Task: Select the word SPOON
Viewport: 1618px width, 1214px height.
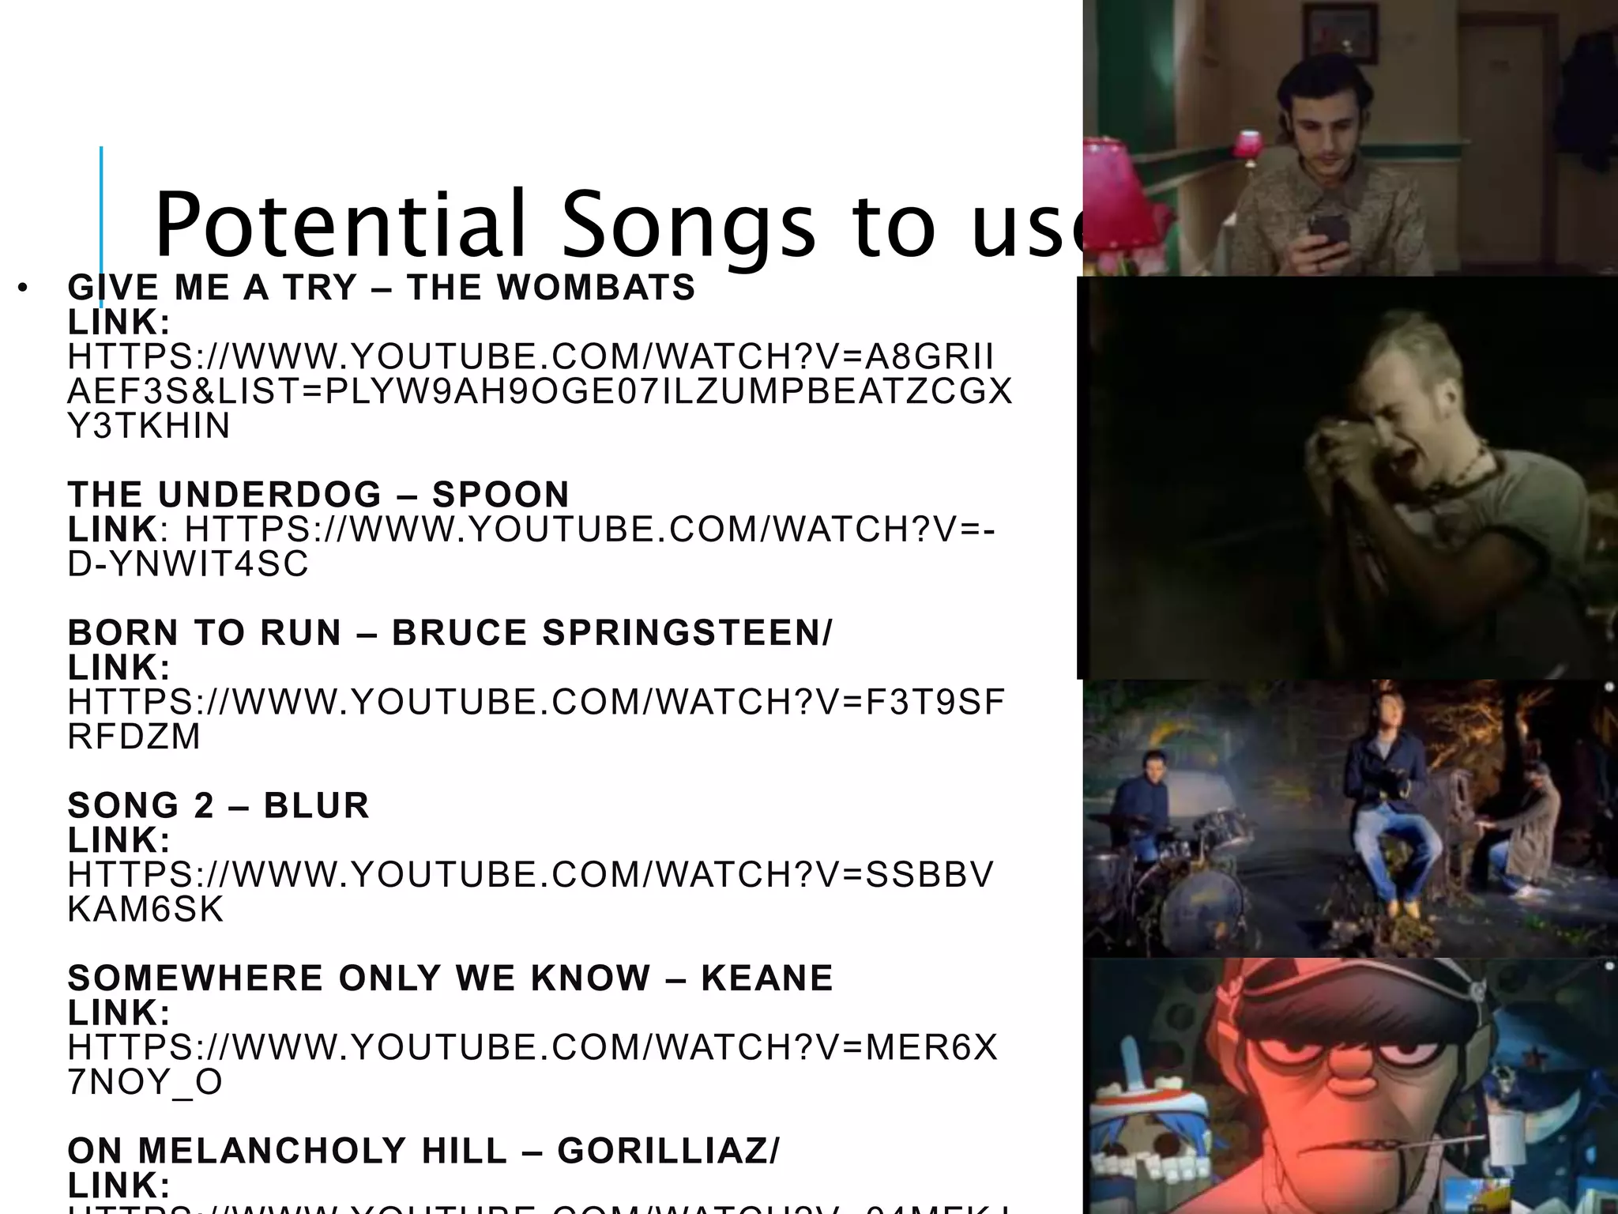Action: point(501,495)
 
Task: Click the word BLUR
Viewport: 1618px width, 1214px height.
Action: point(317,805)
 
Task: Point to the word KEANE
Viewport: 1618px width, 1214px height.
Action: point(767,978)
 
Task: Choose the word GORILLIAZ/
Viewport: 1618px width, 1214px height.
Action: point(668,1151)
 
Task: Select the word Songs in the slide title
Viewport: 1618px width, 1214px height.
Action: point(687,225)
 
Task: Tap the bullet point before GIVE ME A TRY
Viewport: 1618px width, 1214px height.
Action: point(23,288)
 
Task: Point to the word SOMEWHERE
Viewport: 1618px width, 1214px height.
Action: point(195,978)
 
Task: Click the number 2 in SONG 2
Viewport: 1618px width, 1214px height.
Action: point(204,805)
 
